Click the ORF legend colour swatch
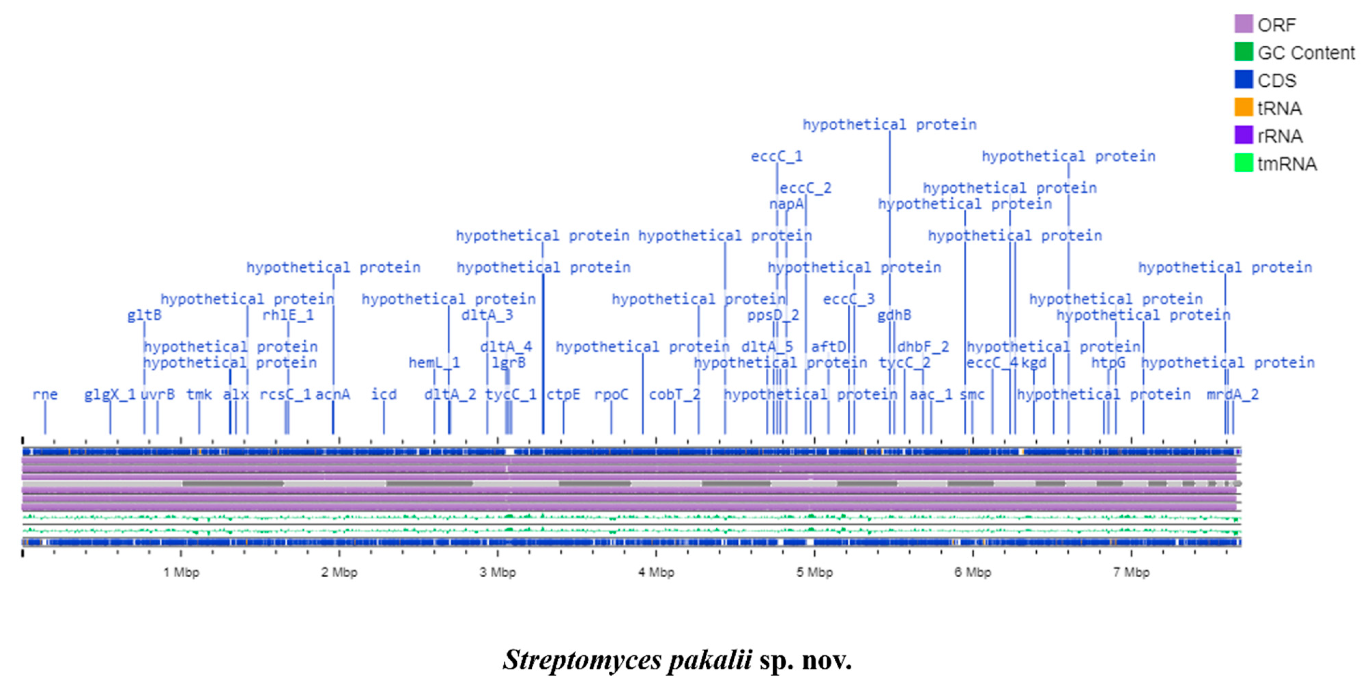[1243, 24]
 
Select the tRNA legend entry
[1279, 108]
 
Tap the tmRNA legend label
[1287, 164]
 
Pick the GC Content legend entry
[1306, 53]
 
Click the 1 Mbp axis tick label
[181, 573]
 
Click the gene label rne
[45, 394]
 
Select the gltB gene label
[144, 315]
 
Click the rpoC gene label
[611, 394]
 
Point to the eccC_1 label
[776, 157]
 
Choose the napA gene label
[786, 204]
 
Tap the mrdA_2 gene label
[1232, 394]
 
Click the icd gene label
[384, 394]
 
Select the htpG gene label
[1108, 363]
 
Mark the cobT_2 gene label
[675, 394]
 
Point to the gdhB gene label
[894, 315]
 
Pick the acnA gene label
[333, 394]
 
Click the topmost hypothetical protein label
[889, 125]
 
